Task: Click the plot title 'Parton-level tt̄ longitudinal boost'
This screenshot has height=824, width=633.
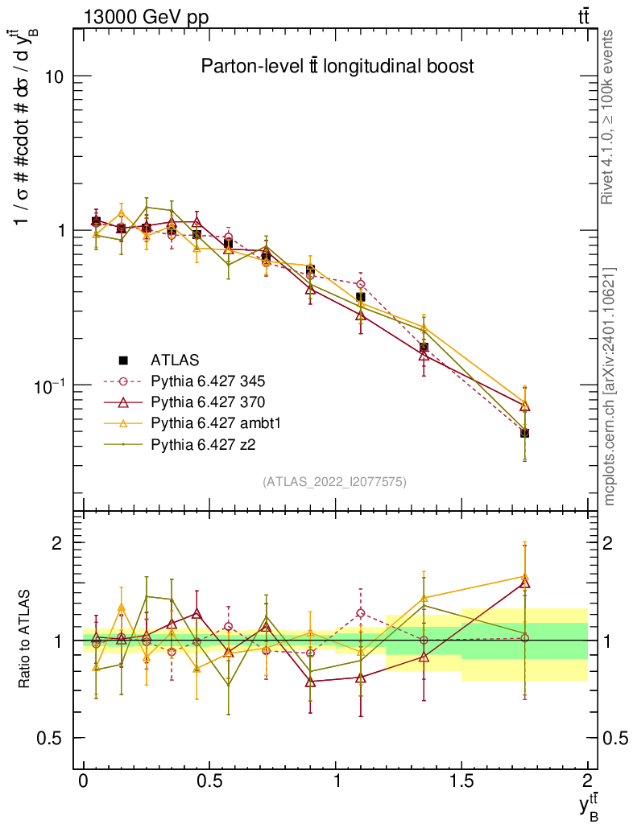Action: click(337, 67)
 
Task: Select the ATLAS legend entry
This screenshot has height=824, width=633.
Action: click(173, 360)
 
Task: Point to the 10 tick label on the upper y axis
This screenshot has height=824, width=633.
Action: click(53, 76)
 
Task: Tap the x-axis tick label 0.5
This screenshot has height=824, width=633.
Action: click(209, 782)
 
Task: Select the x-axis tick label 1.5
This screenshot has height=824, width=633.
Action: click(461, 782)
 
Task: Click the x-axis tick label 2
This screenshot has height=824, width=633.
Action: click(587, 782)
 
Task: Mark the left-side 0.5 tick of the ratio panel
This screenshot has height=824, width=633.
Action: click(54, 738)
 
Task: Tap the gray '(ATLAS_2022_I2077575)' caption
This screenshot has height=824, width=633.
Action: click(334, 482)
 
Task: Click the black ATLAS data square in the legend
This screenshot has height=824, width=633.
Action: click(123, 360)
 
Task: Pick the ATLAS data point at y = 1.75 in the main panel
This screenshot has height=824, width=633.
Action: click(524, 433)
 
